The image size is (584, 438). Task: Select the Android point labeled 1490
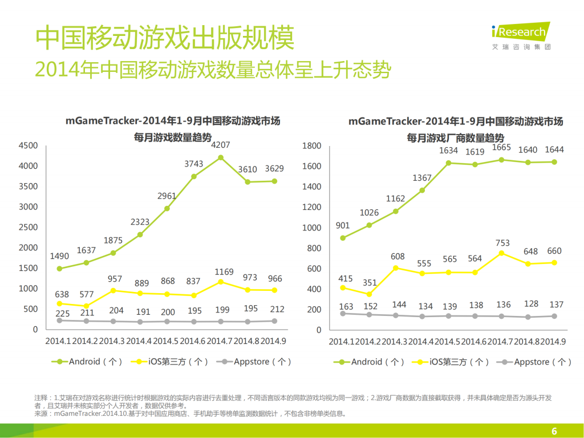(59, 269)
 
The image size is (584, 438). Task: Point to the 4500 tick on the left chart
(28, 146)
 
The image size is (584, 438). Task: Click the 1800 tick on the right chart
(312, 146)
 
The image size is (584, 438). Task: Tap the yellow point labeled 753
(501, 253)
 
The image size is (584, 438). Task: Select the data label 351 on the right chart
(369, 282)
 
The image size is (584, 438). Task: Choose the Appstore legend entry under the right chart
(534, 362)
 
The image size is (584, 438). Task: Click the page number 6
(554, 431)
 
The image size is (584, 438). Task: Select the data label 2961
(167, 196)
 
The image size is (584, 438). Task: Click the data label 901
(342, 226)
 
